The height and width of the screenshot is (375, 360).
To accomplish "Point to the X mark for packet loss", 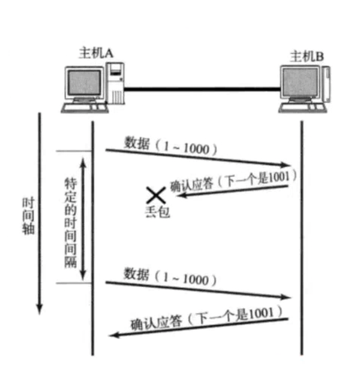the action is coord(154,195).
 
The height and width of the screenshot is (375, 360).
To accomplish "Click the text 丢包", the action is coord(157,212).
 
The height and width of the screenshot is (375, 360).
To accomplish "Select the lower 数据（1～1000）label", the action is coord(170,277).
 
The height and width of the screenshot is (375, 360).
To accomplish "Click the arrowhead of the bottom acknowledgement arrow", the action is coord(114,335).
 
